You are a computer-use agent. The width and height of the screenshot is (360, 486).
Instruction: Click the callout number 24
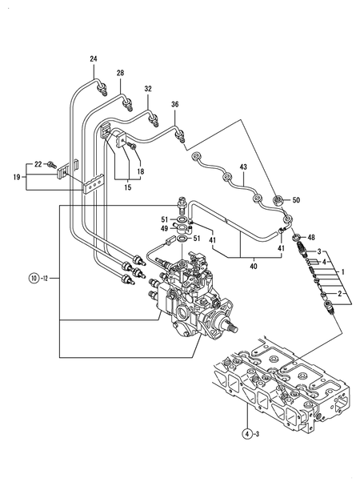[94, 60]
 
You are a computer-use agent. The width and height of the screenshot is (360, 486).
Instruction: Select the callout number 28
[121, 74]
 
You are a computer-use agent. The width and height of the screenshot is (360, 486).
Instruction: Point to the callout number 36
[175, 104]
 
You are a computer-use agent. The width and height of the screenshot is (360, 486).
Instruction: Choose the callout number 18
[140, 171]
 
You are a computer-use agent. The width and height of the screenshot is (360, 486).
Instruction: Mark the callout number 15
[127, 187]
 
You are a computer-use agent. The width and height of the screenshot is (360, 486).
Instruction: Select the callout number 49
[165, 228]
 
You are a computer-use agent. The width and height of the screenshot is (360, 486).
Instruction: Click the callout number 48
[311, 237]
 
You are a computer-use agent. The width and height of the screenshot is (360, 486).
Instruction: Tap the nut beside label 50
[277, 199]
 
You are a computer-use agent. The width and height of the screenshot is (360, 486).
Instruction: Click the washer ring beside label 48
[295, 238]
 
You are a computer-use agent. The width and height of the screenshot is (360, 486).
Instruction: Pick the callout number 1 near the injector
[342, 272]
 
